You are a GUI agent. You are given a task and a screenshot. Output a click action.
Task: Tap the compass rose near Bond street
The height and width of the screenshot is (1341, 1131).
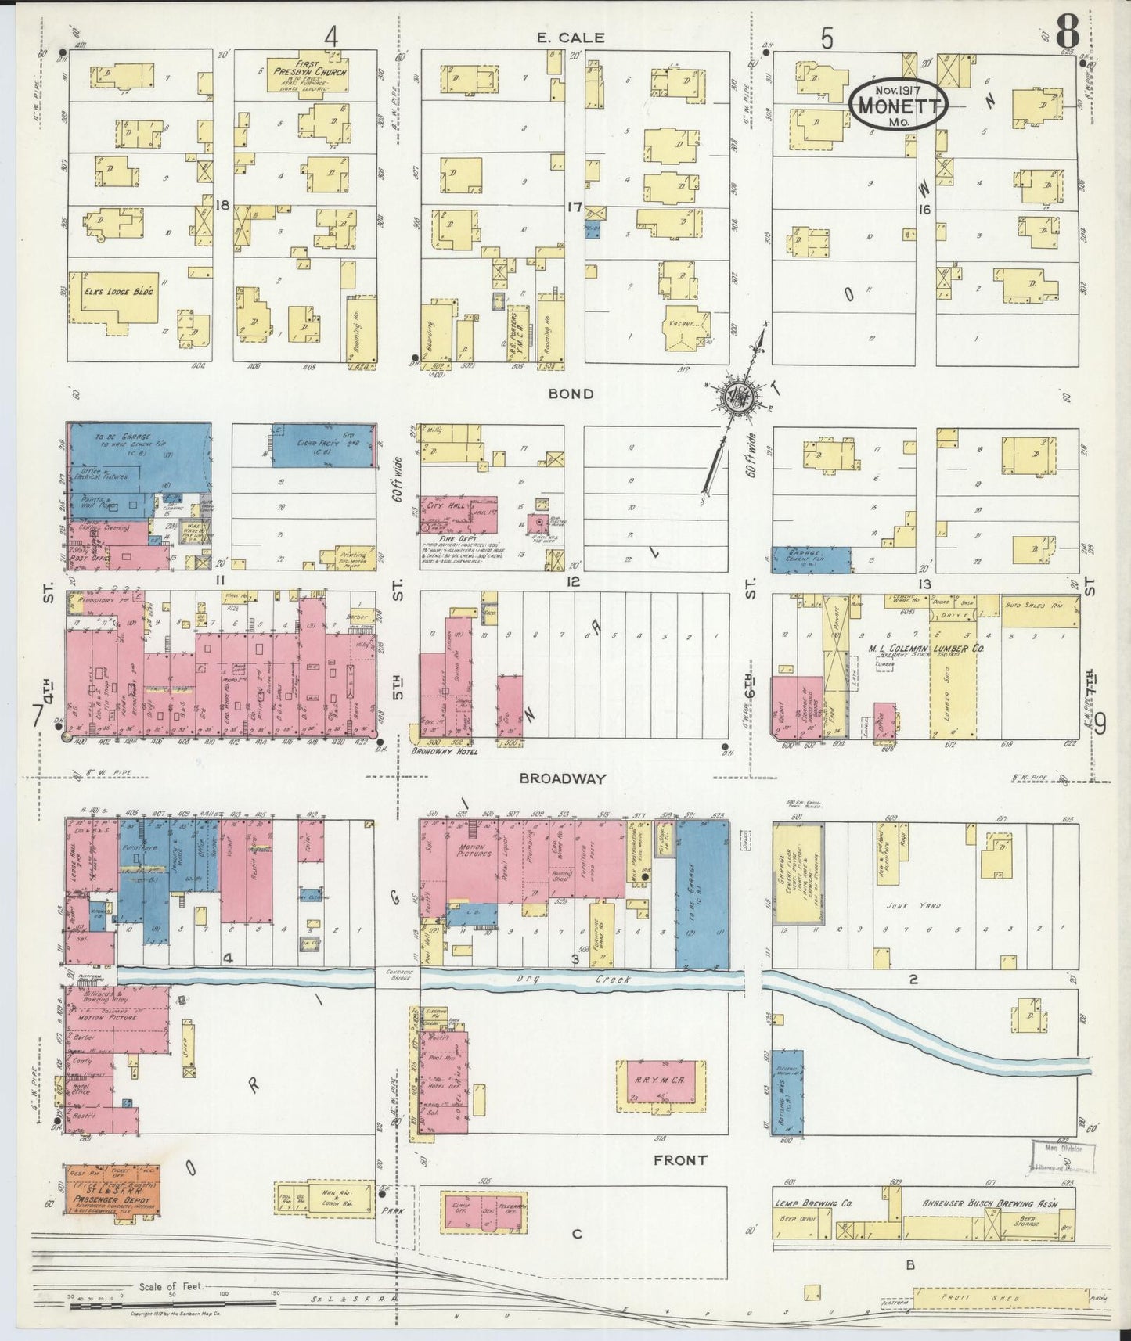click(737, 397)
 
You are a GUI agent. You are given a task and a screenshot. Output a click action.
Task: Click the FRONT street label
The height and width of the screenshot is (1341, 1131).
click(679, 1160)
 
